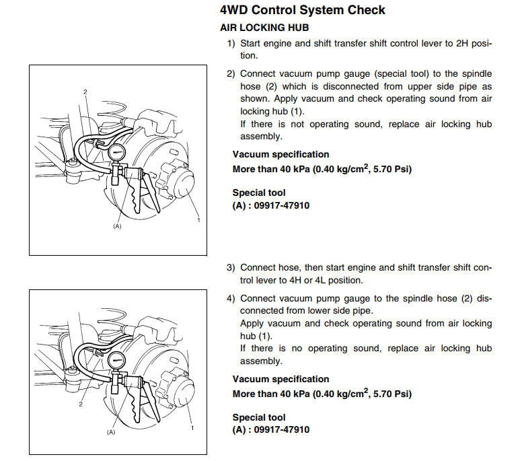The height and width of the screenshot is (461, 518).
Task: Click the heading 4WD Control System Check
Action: pos(303,10)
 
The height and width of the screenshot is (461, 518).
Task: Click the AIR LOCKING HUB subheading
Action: pos(264,28)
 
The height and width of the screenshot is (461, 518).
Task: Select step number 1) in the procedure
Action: pos(231,44)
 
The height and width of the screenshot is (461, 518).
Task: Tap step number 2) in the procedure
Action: pos(231,73)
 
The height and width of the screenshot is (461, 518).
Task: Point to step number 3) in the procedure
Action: pos(231,268)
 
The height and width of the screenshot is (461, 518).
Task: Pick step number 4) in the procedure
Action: pos(231,298)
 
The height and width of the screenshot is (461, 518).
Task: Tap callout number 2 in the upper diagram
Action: pos(85,91)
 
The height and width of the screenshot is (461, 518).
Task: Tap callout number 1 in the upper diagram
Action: pos(199,220)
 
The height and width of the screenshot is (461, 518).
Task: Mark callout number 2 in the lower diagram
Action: pos(80,405)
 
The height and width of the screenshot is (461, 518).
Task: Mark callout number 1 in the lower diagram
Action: pos(194,427)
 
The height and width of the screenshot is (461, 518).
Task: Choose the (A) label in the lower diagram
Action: pos(111,432)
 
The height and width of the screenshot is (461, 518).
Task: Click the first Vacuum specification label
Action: pos(281,155)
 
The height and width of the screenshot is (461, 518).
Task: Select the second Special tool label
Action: pos(259,417)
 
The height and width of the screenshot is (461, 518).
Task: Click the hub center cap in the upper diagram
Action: pos(183,183)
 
